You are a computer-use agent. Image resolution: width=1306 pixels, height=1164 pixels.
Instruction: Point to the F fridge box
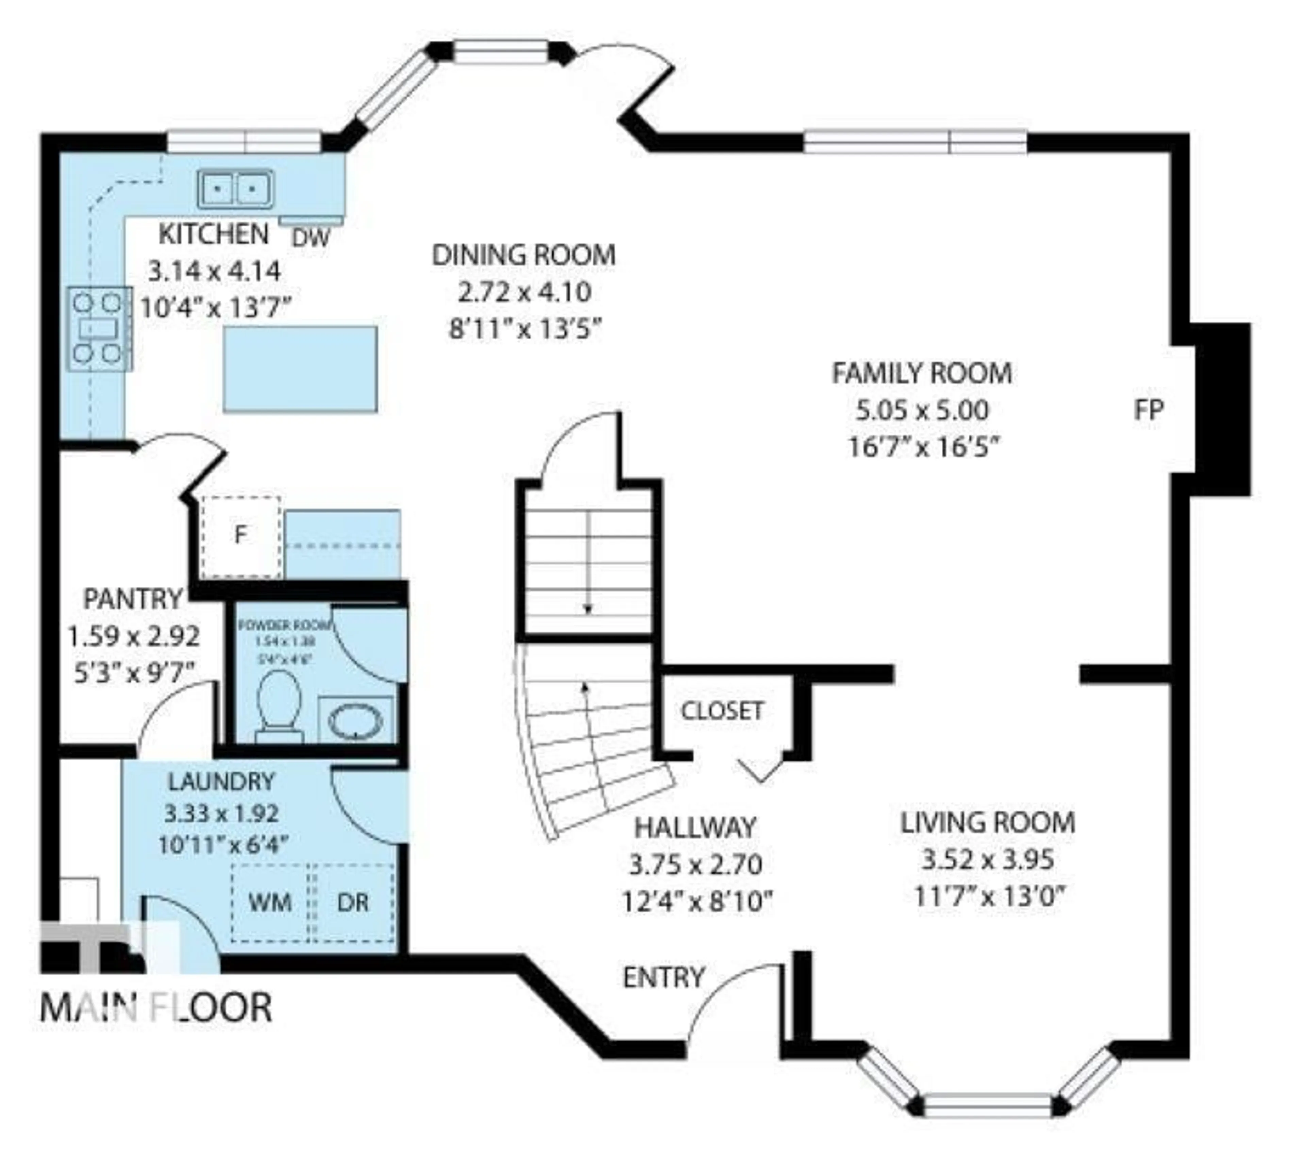(x=240, y=535)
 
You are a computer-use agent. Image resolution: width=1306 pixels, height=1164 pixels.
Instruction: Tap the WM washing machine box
(x=270, y=903)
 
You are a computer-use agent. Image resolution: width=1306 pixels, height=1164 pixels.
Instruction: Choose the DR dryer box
(x=353, y=903)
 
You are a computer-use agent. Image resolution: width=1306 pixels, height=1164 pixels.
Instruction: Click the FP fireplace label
(x=1149, y=409)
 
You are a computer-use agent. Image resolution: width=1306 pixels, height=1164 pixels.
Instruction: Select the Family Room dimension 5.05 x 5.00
(x=922, y=410)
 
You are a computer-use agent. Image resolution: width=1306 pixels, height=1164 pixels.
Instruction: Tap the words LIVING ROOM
(x=987, y=822)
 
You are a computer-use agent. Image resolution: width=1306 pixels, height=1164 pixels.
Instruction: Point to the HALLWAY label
(x=696, y=827)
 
